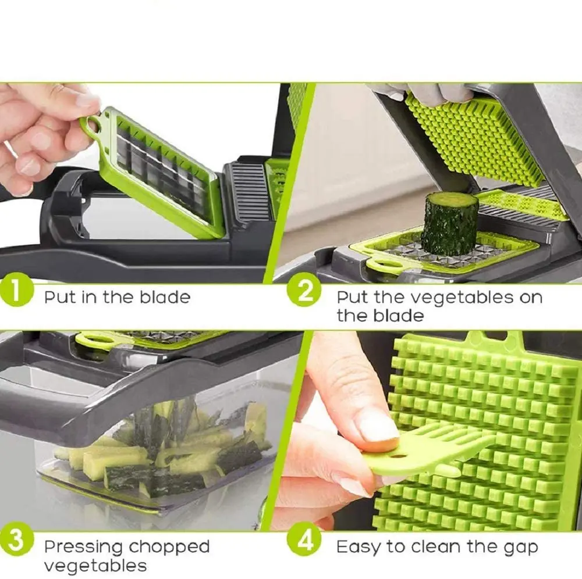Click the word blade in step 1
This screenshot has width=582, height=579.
coord(165,298)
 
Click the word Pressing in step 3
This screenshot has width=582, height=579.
coord(84,548)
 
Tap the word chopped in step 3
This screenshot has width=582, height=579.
coord(169,548)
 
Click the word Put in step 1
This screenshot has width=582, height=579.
coord(60,298)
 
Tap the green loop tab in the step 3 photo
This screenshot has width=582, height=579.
coord(93,338)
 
